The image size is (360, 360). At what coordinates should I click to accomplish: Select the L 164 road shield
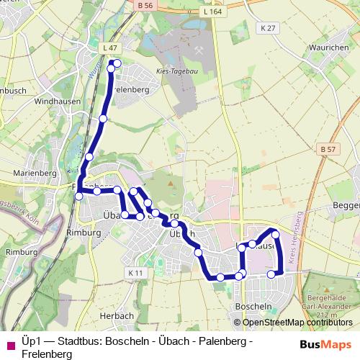tap(211, 12)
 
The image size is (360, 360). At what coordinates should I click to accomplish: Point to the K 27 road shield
tap(269, 27)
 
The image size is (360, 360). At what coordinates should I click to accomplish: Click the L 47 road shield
tap(109, 48)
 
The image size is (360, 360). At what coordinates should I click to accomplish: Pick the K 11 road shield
tap(135, 273)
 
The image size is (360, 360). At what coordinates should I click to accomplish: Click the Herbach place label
tap(117, 315)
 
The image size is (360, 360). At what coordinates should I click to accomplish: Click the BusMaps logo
tap(325, 344)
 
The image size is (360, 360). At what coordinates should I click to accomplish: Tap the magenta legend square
tap(10, 345)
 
